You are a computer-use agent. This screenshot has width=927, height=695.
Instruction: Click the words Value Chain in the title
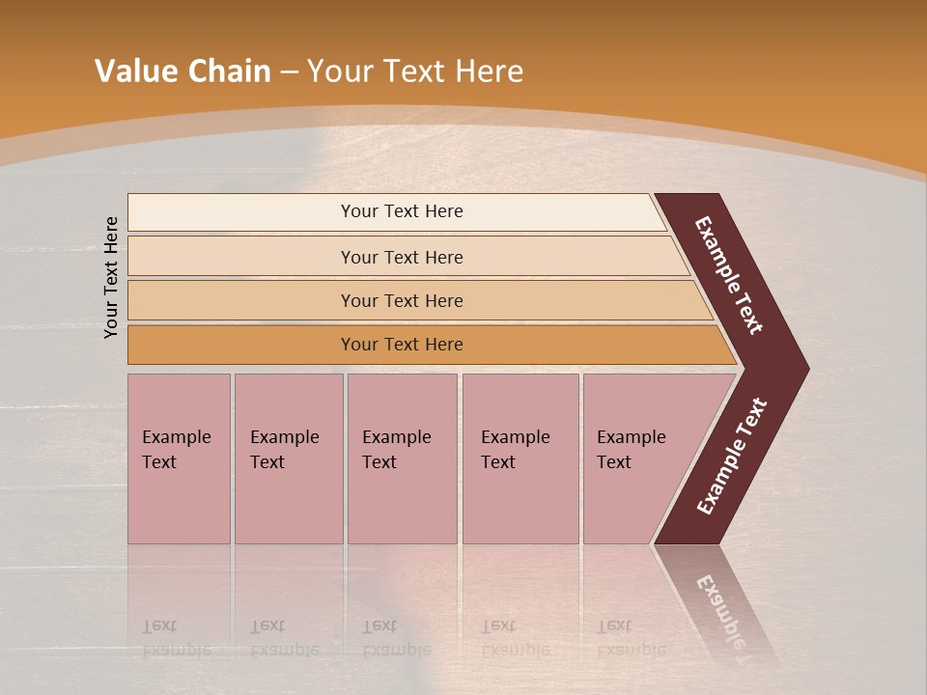[x=183, y=71]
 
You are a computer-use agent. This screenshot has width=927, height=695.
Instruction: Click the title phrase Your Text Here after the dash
[x=415, y=71]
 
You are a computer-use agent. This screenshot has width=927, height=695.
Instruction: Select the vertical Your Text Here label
[x=111, y=278]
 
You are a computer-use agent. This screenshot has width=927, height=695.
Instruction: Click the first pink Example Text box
[x=179, y=459]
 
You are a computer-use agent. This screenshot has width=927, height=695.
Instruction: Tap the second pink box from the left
[x=289, y=459]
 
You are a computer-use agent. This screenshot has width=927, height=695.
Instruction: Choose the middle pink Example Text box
[x=402, y=459]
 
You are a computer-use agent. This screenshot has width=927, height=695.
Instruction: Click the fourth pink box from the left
[x=520, y=459]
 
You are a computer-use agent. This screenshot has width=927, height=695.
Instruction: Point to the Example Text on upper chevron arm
[x=729, y=275]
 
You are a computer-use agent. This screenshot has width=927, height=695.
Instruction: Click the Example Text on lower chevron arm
[x=731, y=457]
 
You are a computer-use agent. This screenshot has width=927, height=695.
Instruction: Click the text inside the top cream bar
[x=402, y=211]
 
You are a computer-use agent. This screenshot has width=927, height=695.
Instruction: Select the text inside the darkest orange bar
[x=402, y=345]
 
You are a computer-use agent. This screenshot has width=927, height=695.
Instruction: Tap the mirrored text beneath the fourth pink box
[x=516, y=638]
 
